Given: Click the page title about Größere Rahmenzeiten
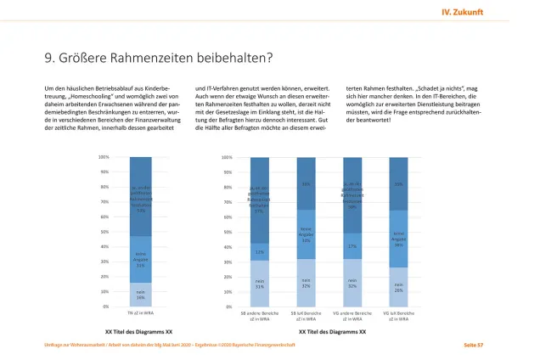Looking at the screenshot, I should click(160, 58).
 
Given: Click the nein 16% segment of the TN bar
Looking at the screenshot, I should click(140, 295).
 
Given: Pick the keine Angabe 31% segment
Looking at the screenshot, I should click(140, 259).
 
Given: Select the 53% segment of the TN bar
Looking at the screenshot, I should click(140, 197).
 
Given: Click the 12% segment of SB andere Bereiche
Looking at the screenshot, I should click(260, 251).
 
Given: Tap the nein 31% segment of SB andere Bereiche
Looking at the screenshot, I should click(260, 284).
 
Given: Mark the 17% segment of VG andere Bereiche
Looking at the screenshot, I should click(352, 246).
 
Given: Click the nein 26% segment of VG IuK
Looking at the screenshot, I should click(397, 288).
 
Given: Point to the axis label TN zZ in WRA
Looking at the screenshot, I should click(140, 313).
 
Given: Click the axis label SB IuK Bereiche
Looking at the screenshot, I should click(306, 315).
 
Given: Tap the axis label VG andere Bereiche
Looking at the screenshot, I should click(352, 315).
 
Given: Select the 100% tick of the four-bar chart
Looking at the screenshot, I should click(227, 157).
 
